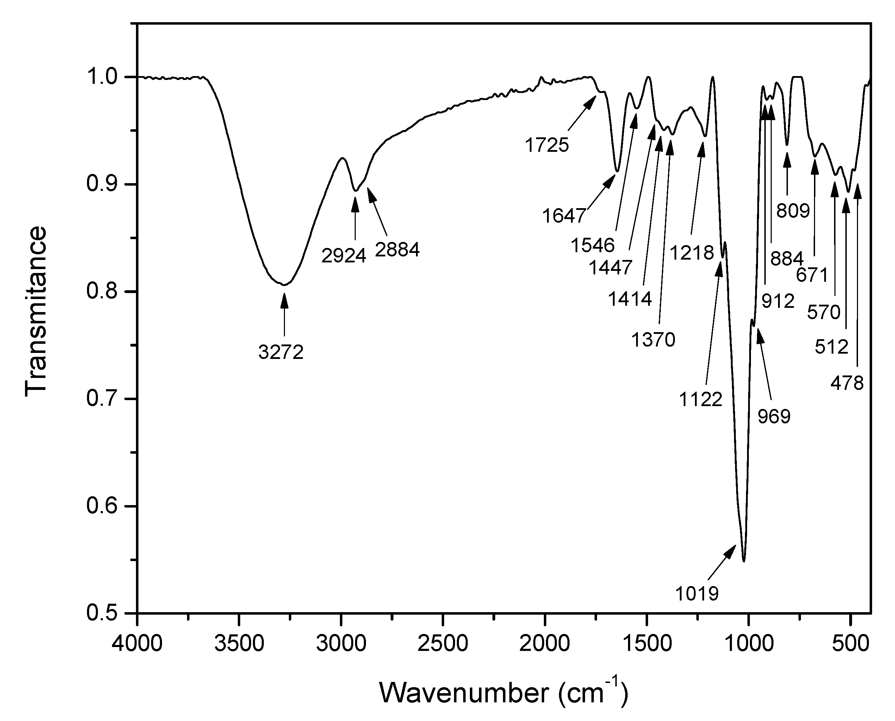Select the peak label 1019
pyautogui.click(x=696, y=593)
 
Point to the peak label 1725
pyautogui.click(x=547, y=145)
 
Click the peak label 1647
pyautogui.click(x=564, y=216)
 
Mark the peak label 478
pyautogui.click(x=847, y=383)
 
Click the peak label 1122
pyautogui.click(x=701, y=399)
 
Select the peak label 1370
pyautogui.click(x=653, y=340)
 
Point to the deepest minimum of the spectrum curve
pyautogui.click(x=744, y=561)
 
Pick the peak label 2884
pyautogui.click(x=397, y=250)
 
